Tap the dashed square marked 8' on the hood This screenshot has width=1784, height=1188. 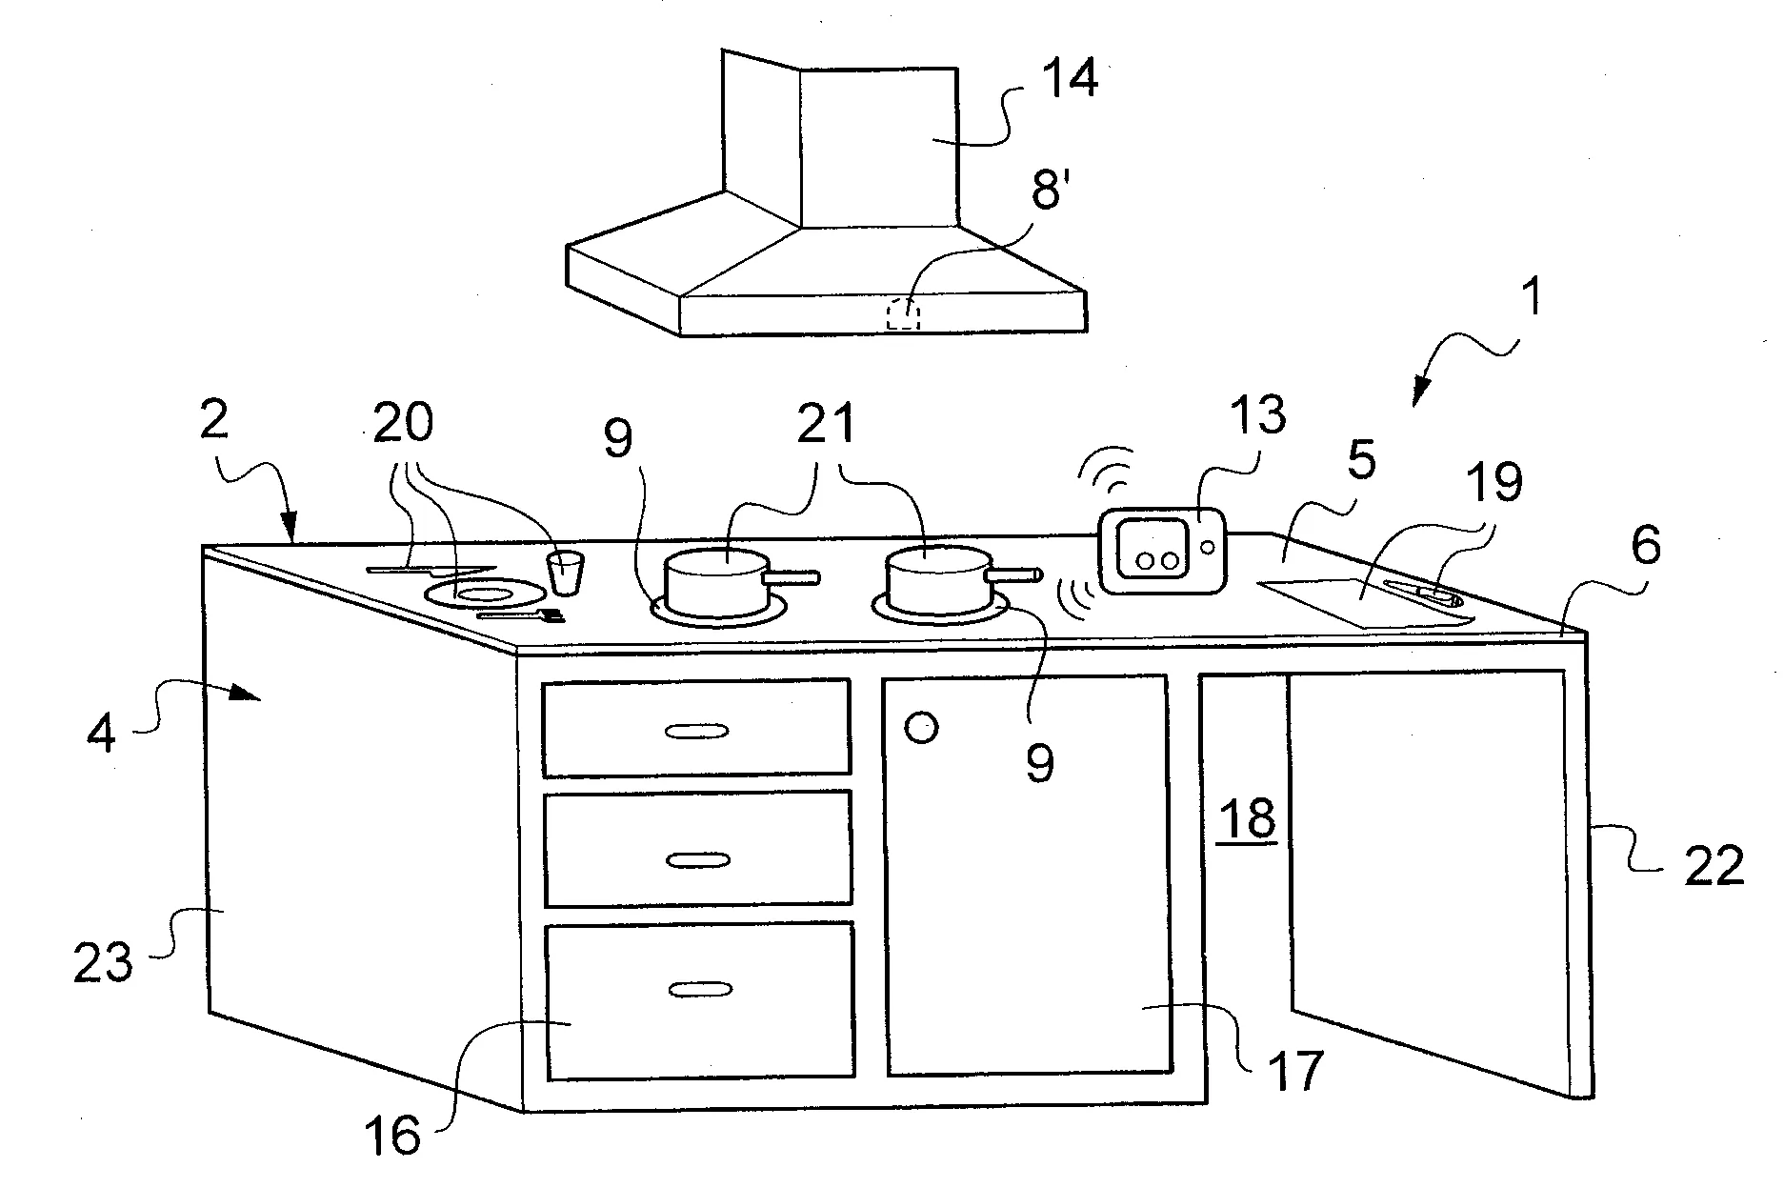[x=904, y=313]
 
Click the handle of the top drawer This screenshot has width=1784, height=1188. [x=696, y=731]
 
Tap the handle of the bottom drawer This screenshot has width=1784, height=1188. [x=699, y=990]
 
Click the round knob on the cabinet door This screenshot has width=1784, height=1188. [x=921, y=729]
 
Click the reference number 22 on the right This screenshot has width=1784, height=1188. [x=1714, y=867]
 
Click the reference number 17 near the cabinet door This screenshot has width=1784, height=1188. [x=1295, y=1070]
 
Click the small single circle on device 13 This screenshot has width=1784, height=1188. [x=1207, y=547]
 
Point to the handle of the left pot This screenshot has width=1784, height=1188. [x=793, y=576]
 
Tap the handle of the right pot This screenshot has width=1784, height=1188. [x=1016, y=574]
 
